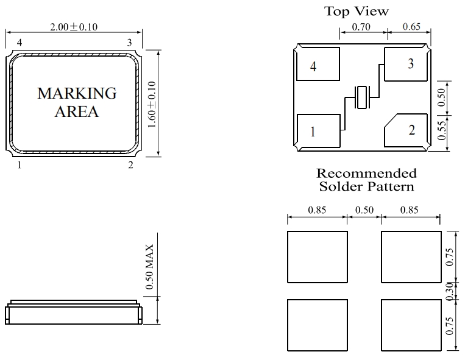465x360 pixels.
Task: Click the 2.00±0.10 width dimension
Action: [x=74, y=27]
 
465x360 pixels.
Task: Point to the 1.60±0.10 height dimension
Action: [x=152, y=104]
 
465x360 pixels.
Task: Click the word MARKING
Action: [x=77, y=93]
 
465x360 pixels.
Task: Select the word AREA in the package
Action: [x=77, y=111]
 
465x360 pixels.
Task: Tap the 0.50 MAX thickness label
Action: [x=149, y=267]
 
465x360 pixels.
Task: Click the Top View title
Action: [x=356, y=11]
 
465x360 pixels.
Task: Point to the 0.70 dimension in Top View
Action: [x=361, y=27]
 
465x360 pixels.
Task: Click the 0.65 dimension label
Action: [x=411, y=27]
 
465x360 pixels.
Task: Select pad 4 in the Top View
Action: [x=318, y=64]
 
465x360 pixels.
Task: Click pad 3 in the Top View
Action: [x=406, y=64]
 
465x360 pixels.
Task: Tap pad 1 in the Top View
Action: [x=319, y=131]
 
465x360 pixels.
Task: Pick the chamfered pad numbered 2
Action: [x=406, y=130]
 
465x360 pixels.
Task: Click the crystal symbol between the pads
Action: [x=362, y=97]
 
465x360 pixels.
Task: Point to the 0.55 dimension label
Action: [x=442, y=130]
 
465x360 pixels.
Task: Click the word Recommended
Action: [x=366, y=174]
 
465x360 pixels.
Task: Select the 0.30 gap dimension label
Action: [x=450, y=291]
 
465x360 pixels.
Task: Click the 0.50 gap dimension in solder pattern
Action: [x=364, y=210]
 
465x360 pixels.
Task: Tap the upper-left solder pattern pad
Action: [x=318, y=257]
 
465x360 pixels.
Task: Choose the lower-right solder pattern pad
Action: [x=411, y=325]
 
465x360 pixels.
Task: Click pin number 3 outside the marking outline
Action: [x=129, y=43]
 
